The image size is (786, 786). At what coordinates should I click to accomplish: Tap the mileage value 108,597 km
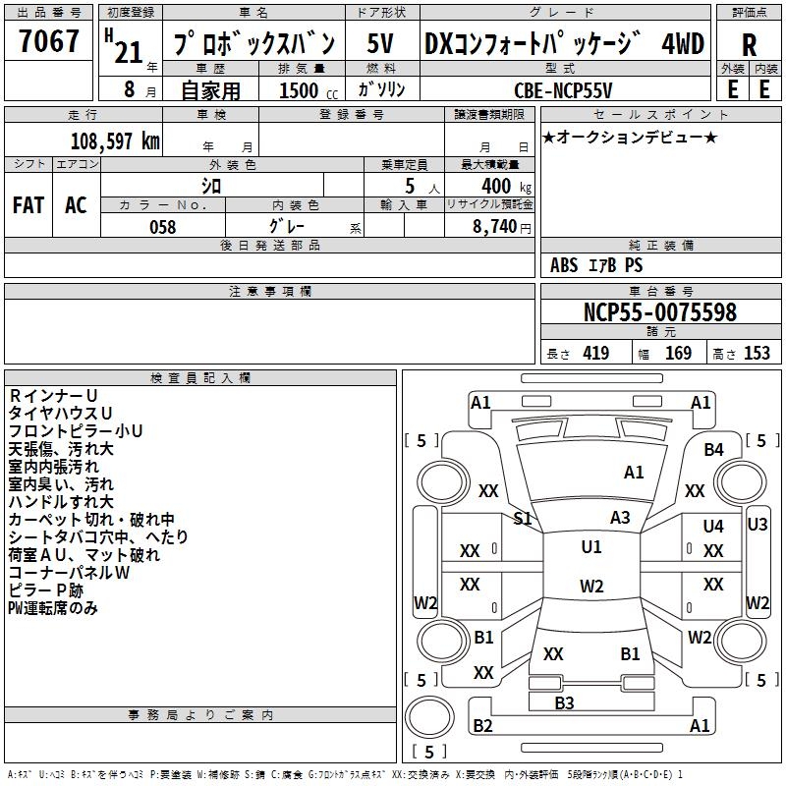(x=114, y=140)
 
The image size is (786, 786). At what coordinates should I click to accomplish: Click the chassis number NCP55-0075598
(x=660, y=312)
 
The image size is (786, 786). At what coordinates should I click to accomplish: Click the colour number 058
(x=163, y=227)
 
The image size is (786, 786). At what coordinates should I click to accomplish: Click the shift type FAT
(x=28, y=205)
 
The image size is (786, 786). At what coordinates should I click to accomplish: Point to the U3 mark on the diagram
(x=758, y=524)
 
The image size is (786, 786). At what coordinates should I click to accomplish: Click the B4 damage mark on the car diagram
(x=714, y=449)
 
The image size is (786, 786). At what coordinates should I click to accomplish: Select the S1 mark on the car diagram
(x=523, y=518)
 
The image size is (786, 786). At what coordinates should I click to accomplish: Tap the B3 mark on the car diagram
(x=564, y=702)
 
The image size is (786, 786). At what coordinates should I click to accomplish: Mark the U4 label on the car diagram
(x=713, y=527)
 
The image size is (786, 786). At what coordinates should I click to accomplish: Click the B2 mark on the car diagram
(x=482, y=726)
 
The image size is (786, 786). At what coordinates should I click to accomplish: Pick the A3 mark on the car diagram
(x=620, y=517)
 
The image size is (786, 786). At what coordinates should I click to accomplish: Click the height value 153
(x=757, y=354)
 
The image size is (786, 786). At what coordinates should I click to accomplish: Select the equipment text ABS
(x=564, y=265)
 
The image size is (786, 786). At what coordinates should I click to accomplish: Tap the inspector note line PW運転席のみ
(x=53, y=608)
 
